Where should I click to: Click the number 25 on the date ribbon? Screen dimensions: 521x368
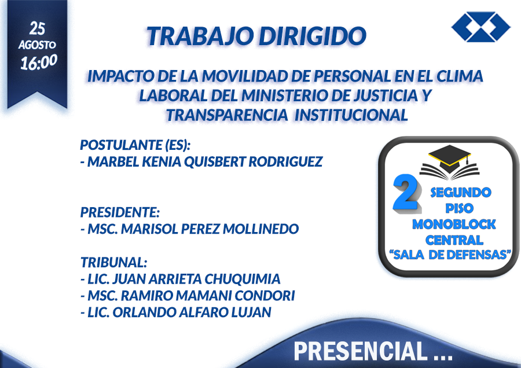(37, 28)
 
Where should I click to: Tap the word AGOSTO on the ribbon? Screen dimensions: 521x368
(37, 45)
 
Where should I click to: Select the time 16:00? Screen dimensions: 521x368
(39, 62)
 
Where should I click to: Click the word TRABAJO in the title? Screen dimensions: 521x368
(201, 36)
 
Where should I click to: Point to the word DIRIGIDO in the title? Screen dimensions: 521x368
(313, 36)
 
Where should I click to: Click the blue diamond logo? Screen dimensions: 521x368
(481, 27)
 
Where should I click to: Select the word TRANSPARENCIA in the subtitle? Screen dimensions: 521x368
(228, 115)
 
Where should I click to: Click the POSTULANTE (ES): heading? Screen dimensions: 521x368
(135, 145)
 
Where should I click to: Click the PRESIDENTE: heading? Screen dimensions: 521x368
(120, 212)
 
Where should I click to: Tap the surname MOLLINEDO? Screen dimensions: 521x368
(261, 229)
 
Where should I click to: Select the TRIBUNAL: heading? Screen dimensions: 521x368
(114, 262)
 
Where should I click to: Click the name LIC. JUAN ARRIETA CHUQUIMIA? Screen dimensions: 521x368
(181, 279)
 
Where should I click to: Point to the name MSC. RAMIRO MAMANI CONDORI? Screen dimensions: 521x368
(188, 296)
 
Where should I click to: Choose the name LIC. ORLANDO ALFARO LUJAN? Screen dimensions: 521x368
(176, 312)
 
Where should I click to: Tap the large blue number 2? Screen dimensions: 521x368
(406, 193)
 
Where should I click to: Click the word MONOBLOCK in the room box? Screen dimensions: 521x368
(454, 225)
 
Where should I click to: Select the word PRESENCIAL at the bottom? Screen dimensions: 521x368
(361, 351)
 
